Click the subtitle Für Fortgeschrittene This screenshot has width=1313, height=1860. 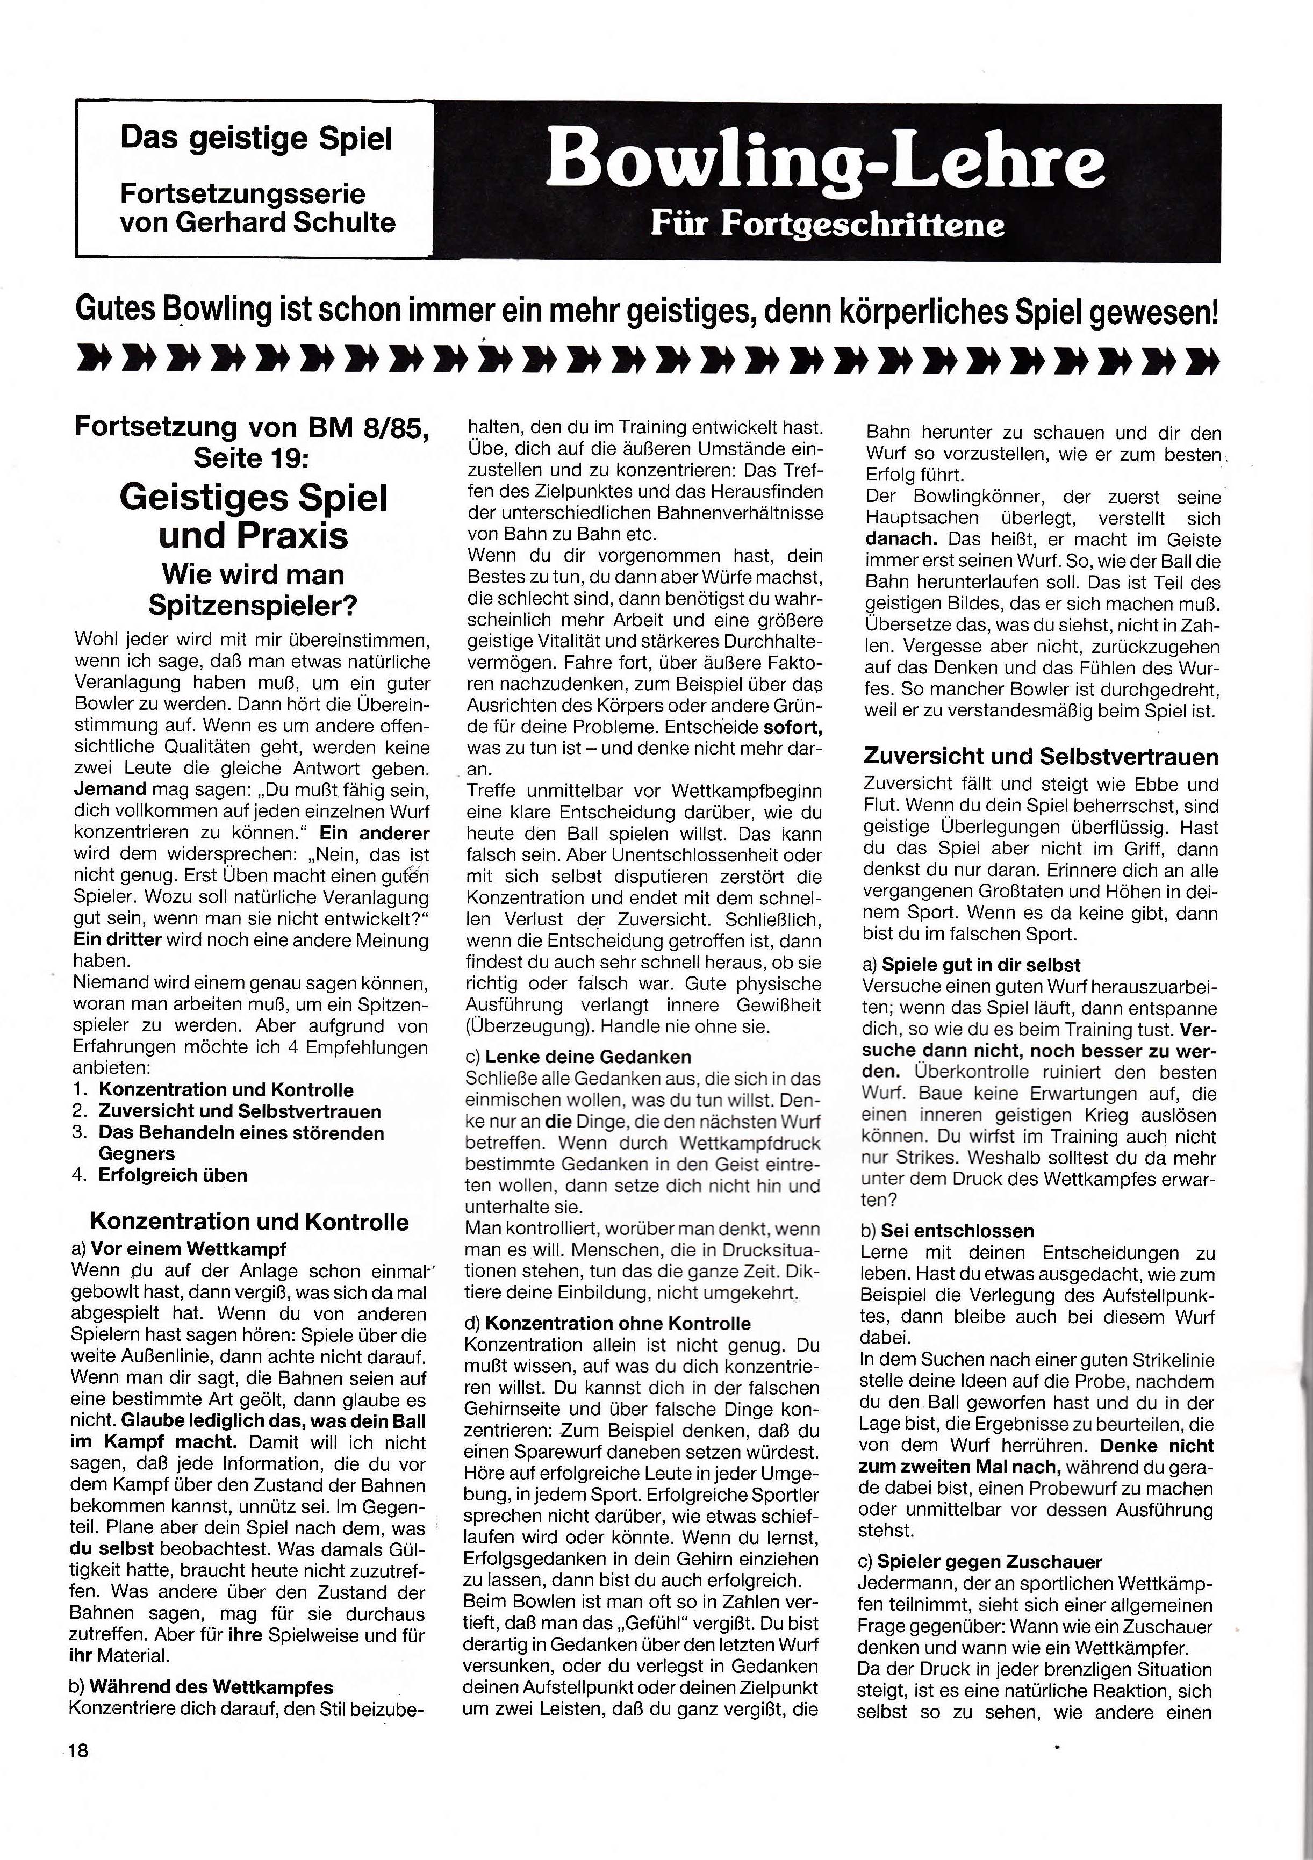point(827,225)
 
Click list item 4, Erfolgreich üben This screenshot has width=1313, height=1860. point(173,1175)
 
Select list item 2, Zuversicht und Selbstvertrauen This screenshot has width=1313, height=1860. point(240,1111)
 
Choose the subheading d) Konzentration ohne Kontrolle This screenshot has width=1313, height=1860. point(607,1323)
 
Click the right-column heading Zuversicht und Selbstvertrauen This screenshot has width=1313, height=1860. point(1041,757)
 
